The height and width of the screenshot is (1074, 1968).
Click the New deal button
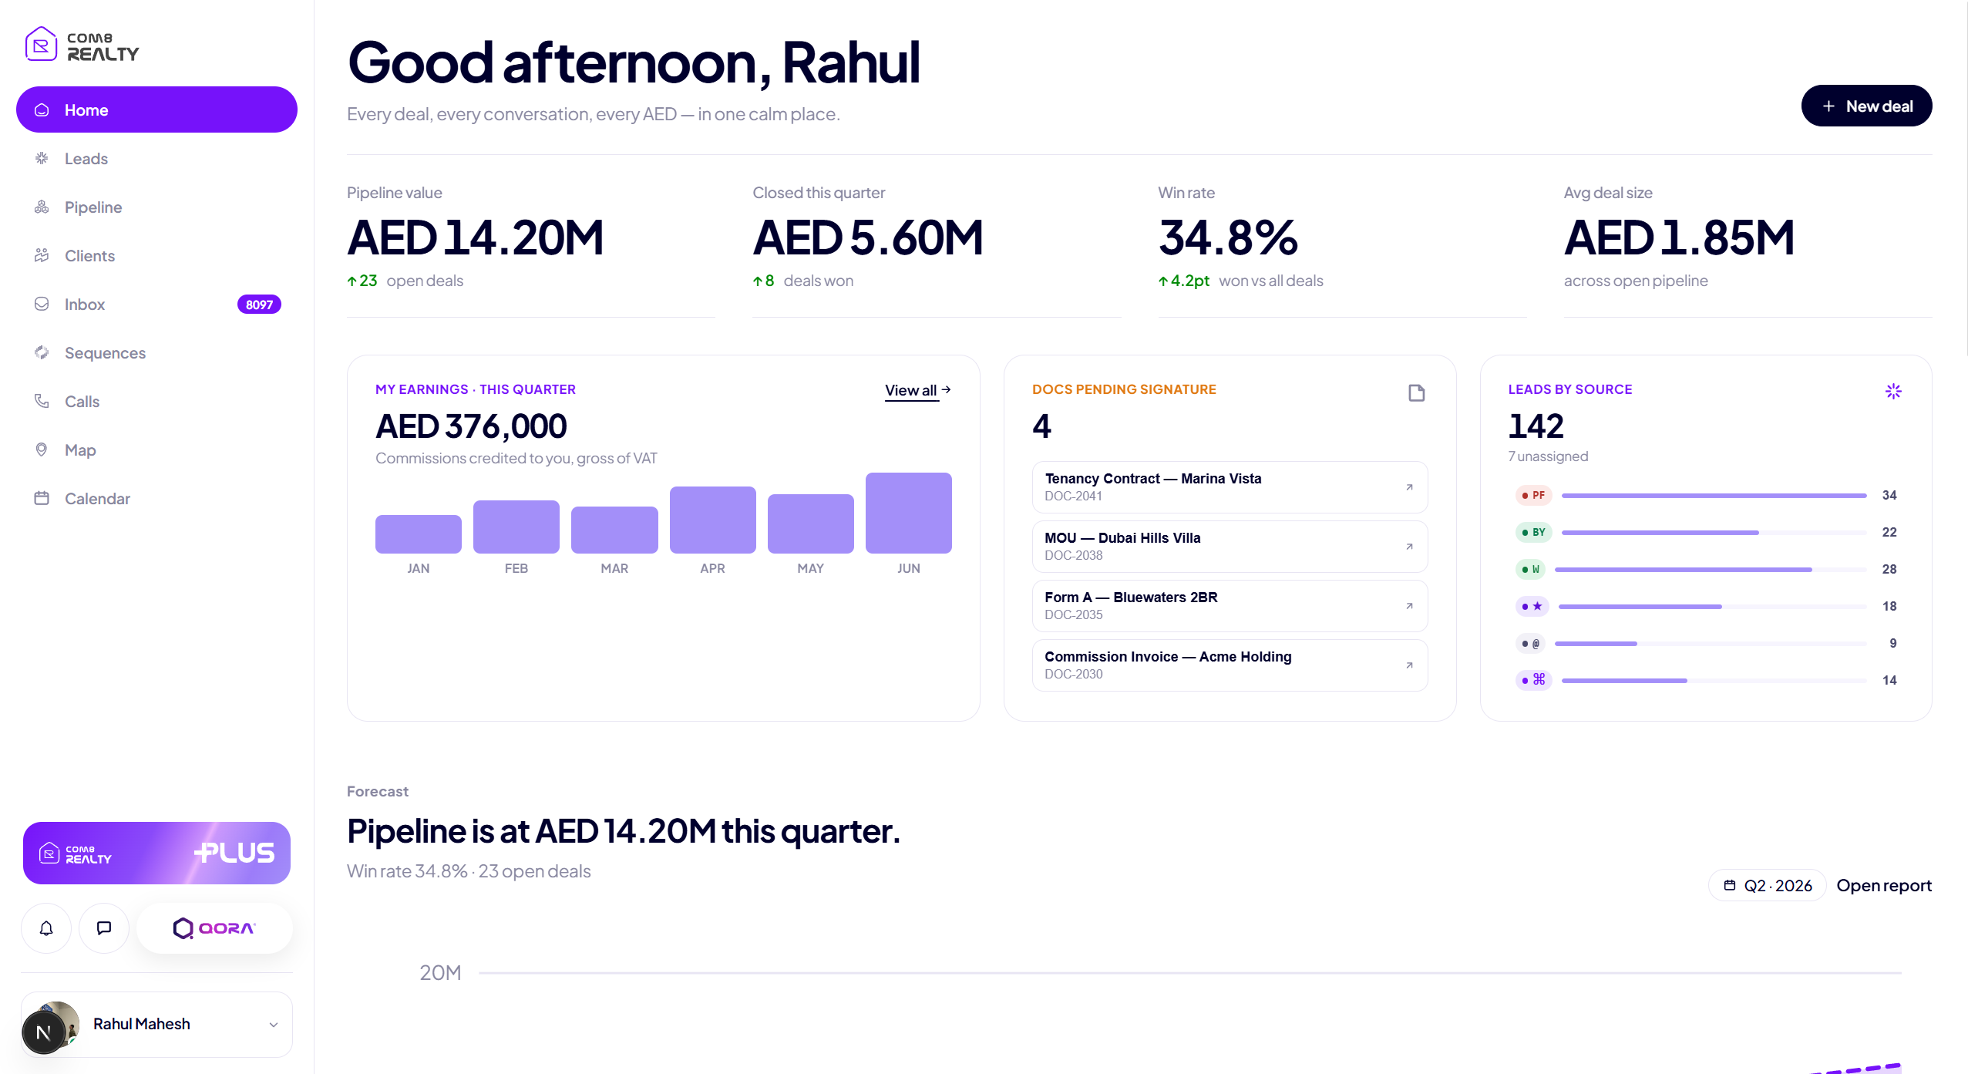tap(1866, 106)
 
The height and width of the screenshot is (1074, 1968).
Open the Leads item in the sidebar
tap(86, 159)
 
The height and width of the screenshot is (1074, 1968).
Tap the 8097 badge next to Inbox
tap(259, 305)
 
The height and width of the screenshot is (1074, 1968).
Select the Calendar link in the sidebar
tap(97, 499)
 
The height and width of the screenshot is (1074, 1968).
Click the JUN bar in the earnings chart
tap(908, 513)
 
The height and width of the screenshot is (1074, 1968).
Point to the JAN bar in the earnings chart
tap(418, 534)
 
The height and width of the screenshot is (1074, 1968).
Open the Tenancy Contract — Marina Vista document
tap(1230, 487)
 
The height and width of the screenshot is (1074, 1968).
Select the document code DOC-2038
tap(1073, 555)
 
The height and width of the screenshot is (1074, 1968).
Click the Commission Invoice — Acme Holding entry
tap(1230, 665)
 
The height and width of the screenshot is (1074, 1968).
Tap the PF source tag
tap(1533, 495)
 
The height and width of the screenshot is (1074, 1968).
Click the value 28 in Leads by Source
tap(1889, 569)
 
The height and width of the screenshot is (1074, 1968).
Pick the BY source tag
tap(1533, 532)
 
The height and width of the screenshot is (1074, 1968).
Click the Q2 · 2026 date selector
tap(1767, 886)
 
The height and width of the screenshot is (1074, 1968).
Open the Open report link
tap(1884, 886)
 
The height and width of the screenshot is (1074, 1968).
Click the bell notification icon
tap(46, 928)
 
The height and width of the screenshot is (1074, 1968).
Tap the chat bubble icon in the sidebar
tap(104, 928)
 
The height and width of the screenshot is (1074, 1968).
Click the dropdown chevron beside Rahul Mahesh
tap(274, 1025)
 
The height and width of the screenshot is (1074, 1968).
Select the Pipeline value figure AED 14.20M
tap(475, 237)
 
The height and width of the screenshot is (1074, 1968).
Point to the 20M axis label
tap(440, 973)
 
